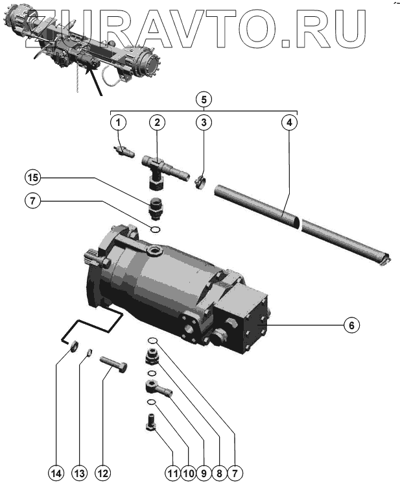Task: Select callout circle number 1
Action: (117, 121)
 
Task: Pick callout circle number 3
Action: (203, 121)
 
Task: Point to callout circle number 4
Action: (290, 121)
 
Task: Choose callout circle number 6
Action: (351, 325)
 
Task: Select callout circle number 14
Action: (56, 473)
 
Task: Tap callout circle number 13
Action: (80, 473)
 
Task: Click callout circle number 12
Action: (102, 473)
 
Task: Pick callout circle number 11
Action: (172, 473)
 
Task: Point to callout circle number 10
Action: (187, 473)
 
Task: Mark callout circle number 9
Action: (203, 473)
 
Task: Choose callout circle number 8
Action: (219, 473)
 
